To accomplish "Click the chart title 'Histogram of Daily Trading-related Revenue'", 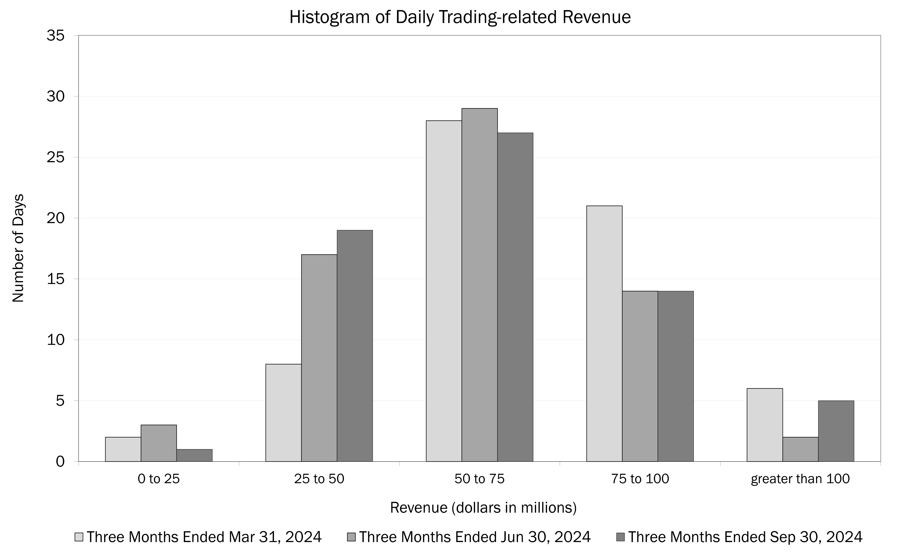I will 460,17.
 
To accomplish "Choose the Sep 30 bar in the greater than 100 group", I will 836,431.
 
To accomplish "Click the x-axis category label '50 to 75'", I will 479,479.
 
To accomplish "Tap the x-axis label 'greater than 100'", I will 800,479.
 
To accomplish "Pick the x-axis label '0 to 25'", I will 159,479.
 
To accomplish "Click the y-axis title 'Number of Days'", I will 18,248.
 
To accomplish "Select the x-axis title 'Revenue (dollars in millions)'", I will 483,508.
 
